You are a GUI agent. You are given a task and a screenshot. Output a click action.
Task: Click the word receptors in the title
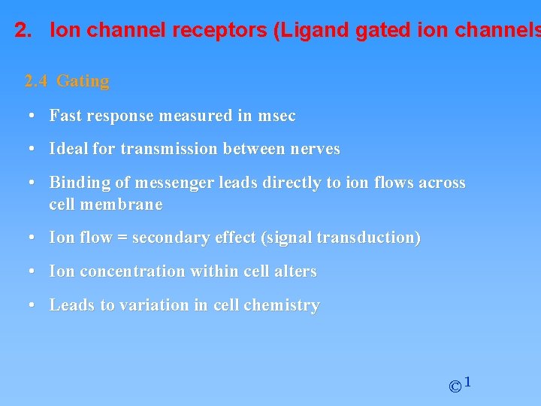tap(229, 32)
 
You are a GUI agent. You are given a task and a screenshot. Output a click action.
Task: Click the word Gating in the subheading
tap(83, 81)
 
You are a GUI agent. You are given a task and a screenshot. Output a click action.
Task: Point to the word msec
tap(277, 116)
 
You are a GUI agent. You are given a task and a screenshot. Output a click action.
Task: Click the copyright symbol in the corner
tap(455, 387)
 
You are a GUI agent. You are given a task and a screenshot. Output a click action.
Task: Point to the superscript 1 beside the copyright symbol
tap(467, 383)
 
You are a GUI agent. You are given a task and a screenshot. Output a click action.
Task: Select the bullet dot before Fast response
tap(32, 116)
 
